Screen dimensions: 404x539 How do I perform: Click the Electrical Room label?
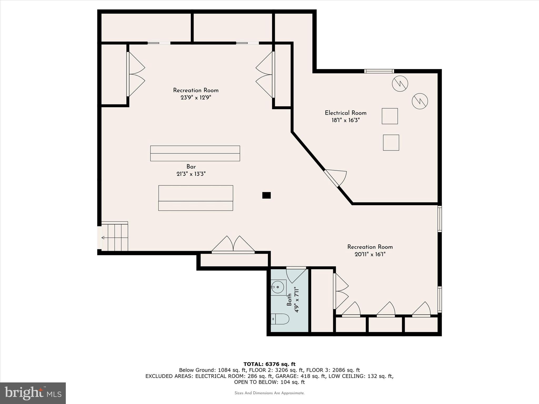tap(346, 113)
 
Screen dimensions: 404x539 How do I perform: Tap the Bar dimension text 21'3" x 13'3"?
tap(191, 174)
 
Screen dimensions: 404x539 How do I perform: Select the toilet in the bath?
tap(280, 319)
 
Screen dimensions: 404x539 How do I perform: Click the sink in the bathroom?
tap(278, 287)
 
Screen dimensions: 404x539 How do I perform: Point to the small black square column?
tap(266, 195)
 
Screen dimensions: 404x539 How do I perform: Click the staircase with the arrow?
tap(115, 237)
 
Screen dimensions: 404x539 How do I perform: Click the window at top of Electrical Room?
tap(379, 71)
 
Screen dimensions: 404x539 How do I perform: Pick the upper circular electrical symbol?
tap(400, 84)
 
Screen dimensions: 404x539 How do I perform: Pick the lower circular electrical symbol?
tap(420, 101)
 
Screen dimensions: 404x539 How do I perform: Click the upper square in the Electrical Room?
tap(390, 116)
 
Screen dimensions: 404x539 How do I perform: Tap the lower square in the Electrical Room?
tap(391, 143)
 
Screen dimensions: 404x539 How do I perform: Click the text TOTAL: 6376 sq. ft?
tap(269, 364)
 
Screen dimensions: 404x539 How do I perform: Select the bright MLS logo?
tap(33, 393)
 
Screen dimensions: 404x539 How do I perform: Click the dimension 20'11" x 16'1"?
tap(370, 254)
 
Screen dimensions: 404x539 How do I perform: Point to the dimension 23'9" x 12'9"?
tap(196, 98)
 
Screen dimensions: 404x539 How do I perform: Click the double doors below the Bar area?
tap(233, 245)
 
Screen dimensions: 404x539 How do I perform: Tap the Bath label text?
tap(289, 300)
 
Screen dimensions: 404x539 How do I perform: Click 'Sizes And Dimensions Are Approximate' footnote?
tap(269, 393)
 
